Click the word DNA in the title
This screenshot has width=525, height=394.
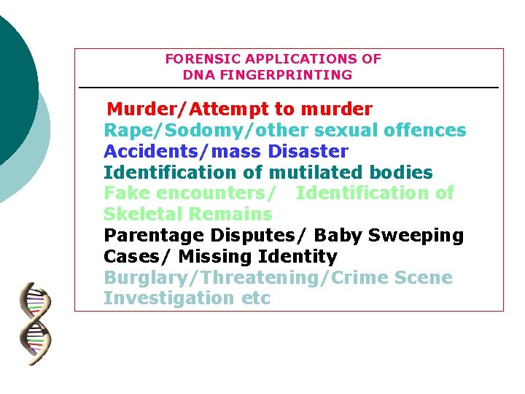click(198, 74)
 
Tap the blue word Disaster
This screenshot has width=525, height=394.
click(308, 152)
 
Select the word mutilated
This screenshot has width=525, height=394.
click(314, 173)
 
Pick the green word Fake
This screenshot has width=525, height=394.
click(125, 193)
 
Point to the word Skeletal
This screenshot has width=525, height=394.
click(143, 215)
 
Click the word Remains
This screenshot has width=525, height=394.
click(230, 215)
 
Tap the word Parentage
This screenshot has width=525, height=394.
click(154, 236)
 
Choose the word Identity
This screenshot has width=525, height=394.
click(297, 257)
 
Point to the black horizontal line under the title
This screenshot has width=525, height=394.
click(288, 88)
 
